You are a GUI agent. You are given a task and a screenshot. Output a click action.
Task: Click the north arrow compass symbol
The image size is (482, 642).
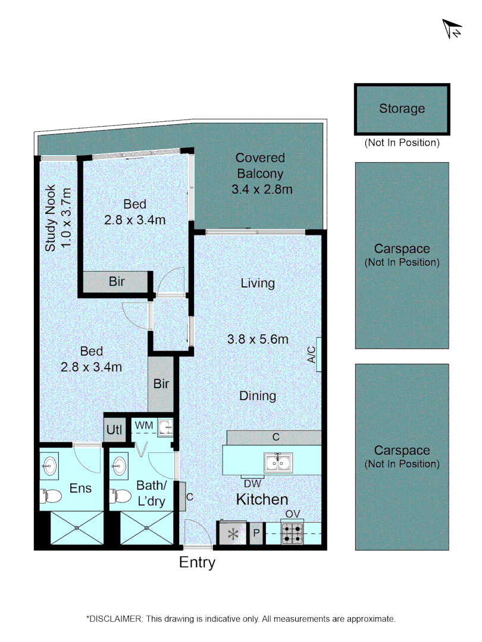(452, 29)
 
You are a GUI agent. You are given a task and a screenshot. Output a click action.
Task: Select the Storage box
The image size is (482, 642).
(402, 109)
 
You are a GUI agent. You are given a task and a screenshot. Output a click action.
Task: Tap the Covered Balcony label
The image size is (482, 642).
(261, 174)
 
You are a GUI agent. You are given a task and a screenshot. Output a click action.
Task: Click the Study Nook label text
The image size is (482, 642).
(58, 219)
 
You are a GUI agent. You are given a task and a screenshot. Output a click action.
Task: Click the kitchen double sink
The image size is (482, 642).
(278, 462)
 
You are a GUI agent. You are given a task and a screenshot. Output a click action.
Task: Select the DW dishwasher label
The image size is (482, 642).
(252, 483)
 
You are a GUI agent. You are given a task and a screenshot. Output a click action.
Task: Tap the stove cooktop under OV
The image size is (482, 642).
(292, 533)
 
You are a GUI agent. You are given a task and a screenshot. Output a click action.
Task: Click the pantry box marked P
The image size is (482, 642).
(256, 533)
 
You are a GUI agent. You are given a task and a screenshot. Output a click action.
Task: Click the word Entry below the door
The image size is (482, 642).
(197, 562)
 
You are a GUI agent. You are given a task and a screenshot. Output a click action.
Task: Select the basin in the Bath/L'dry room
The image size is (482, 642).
(120, 465)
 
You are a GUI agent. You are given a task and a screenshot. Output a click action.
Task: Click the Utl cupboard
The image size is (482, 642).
(114, 429)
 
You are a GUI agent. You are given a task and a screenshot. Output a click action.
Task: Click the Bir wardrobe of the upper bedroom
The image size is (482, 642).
(117, 282)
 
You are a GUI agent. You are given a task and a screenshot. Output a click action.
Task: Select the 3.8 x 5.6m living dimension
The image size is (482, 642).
(258, 339)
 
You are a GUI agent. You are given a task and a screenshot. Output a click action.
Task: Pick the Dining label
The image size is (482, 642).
(258, 395)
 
